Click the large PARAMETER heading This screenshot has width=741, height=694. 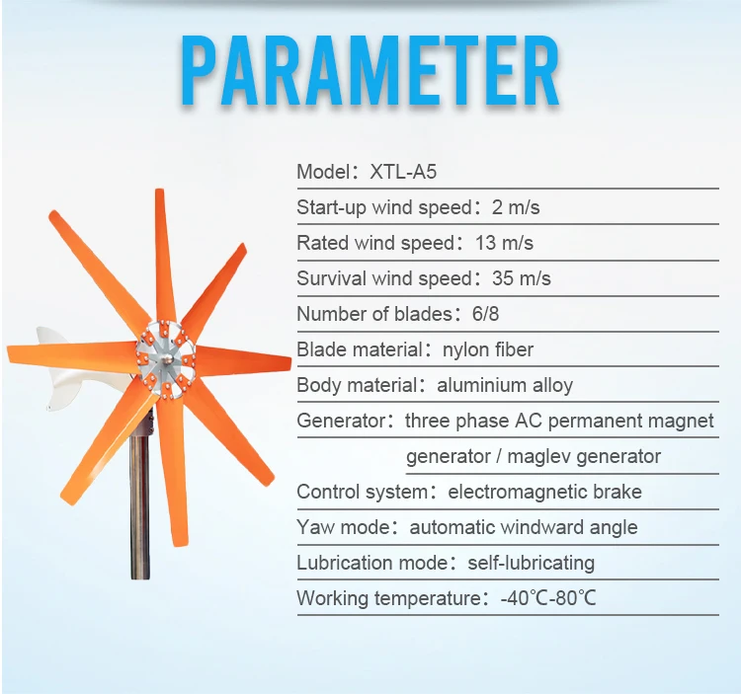point(370,72)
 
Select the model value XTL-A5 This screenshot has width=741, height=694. point(403,172)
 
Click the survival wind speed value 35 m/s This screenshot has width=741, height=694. point(521,278)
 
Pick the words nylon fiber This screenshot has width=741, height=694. point(488,349)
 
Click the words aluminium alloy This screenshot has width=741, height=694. point(504,385)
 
